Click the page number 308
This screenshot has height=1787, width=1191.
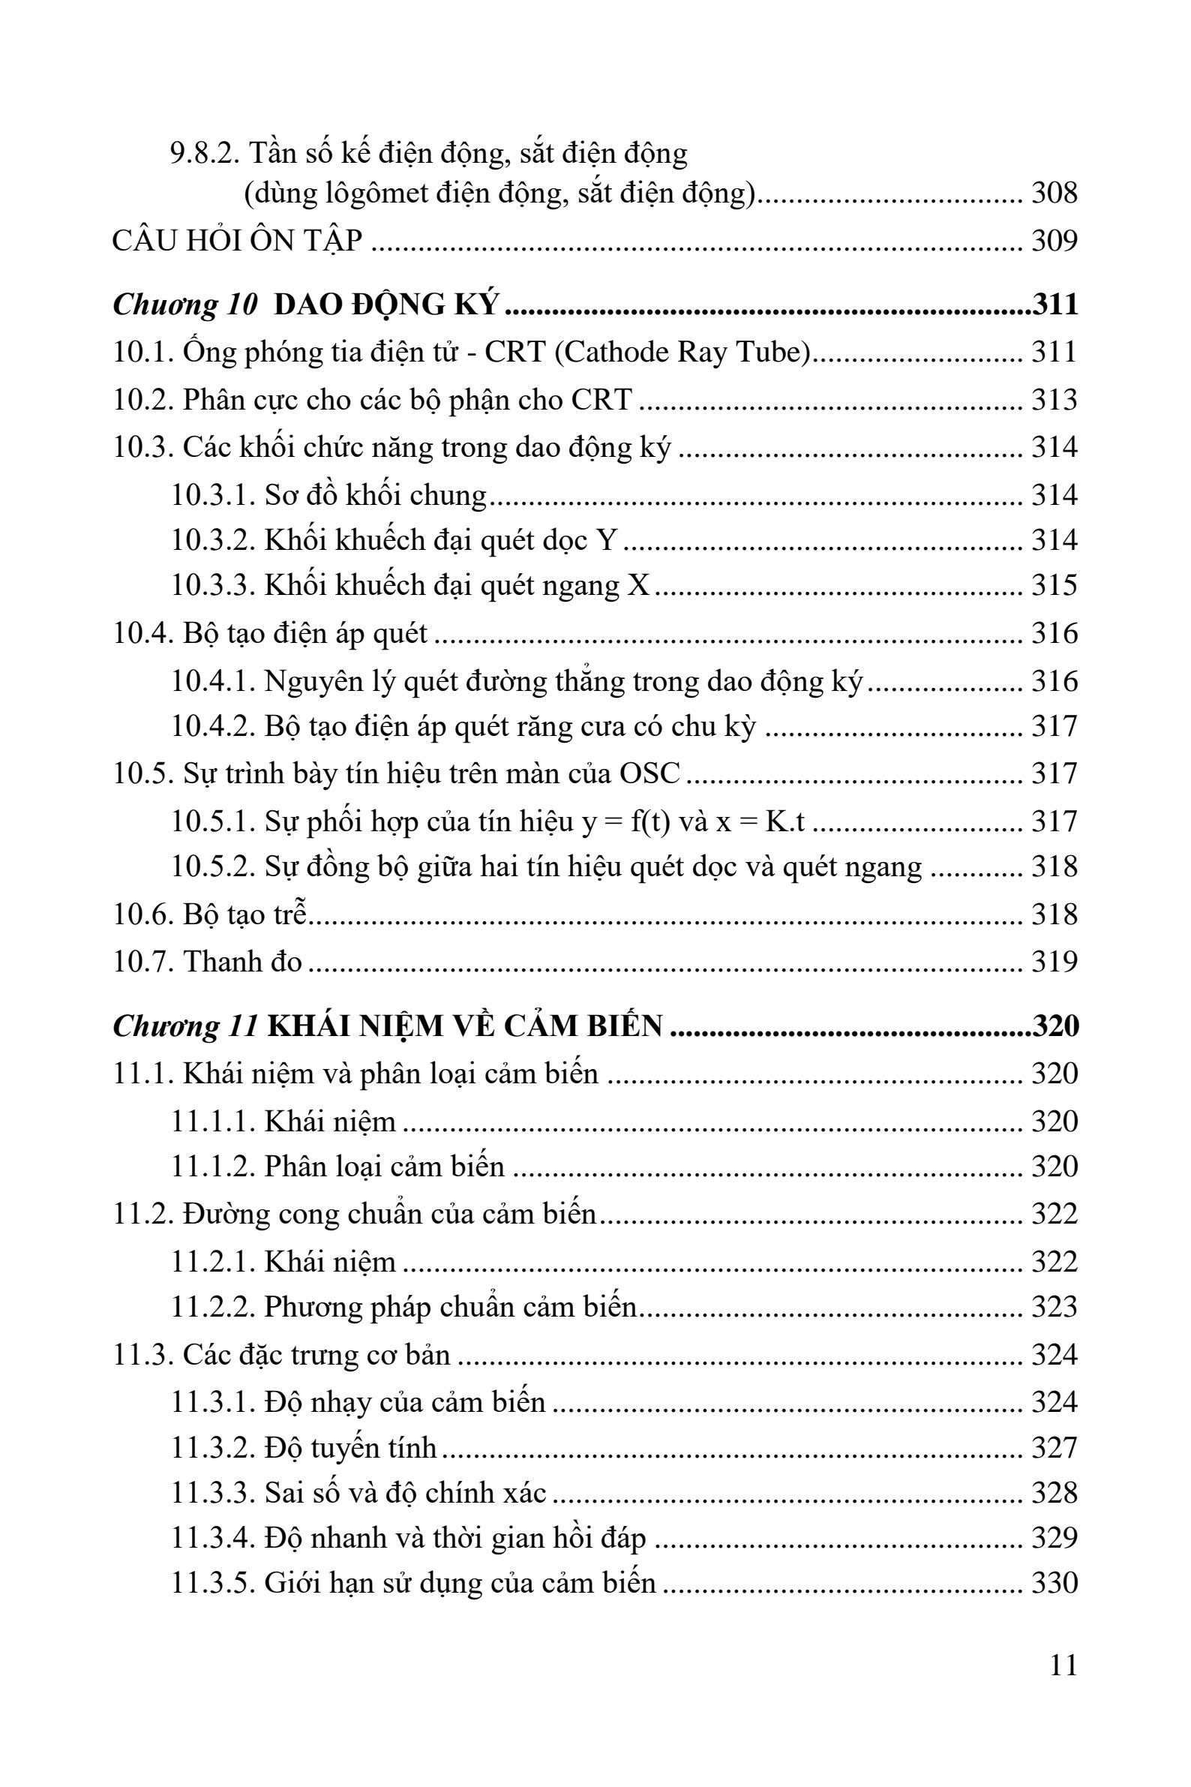click(x=1054, y=194)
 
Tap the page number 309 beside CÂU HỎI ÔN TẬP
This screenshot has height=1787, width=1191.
click(x=1054, y=241)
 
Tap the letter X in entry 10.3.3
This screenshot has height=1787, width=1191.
click(x=640, y=586)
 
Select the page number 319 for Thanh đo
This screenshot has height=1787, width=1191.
click(x=1054, y=962)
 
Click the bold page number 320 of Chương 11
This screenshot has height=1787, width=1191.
click(x=1056, y=1026)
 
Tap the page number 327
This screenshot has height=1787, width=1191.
click(x=1054, y=1447)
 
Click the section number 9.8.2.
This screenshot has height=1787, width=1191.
click(x=204, y=155)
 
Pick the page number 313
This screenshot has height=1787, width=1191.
click(x=1054, y=400)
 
